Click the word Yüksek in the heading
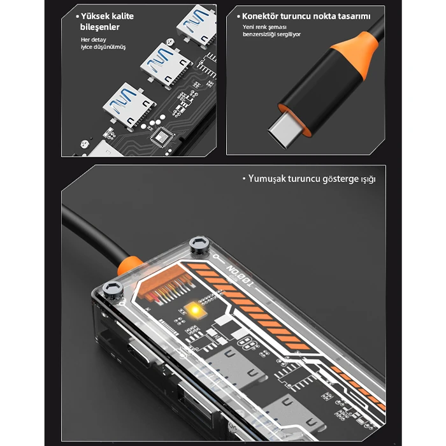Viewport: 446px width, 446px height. (x=96, y=16)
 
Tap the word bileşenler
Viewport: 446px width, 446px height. (x=100, y=27)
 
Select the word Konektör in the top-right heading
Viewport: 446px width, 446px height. (x=260, y=16)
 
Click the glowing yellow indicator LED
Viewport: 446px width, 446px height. (x=194, y=310)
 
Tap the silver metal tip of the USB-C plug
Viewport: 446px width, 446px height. (x=282, y=131)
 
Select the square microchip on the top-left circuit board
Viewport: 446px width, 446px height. (x=162, y=137)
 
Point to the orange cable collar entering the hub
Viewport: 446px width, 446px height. (x=129, y=265)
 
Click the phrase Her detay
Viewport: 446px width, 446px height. (x=93, y=40)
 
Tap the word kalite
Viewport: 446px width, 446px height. (x=123, y=16)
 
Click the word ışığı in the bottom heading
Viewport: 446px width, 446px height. (x=368, y=180)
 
